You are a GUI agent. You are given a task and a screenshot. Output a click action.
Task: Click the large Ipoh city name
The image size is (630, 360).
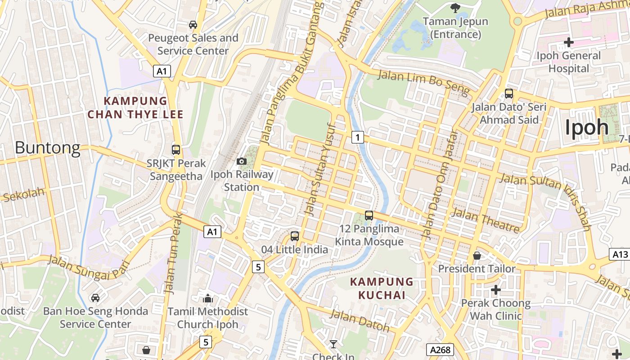point(587,127)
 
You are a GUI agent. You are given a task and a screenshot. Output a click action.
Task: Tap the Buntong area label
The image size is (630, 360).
point(47,148)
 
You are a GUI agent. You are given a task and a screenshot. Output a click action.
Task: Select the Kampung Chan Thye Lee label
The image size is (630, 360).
point(135,108)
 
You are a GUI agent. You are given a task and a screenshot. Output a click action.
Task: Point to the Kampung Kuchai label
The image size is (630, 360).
point(382,288)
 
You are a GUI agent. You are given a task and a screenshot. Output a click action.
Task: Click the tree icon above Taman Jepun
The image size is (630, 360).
point(455,8)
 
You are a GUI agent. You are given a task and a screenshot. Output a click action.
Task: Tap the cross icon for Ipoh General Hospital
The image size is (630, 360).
point(569,42)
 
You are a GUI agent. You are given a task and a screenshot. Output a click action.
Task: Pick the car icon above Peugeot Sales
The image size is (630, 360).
point(193,24)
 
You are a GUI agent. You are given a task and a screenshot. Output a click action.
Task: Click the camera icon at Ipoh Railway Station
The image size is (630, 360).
point(242,161)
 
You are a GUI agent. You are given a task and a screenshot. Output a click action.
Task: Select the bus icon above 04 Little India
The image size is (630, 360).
point(295,236)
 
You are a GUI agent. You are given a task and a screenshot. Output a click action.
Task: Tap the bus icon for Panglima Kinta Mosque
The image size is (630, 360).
point(369,216)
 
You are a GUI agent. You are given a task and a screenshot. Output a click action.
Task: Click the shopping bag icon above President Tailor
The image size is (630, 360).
point(477,256)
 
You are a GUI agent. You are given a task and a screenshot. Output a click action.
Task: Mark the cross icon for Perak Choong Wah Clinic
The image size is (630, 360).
point(496,290)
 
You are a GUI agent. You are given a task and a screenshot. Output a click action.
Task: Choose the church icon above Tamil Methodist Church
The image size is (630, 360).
point(207,298)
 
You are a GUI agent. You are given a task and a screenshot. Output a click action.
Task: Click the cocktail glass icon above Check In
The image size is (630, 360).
point(333,344)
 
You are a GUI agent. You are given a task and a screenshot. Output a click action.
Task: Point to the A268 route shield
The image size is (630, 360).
point(440,350)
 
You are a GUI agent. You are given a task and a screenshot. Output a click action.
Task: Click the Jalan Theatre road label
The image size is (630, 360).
point(485,220)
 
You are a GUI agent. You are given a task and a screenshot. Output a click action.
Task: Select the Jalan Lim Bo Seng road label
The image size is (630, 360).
point(423,82)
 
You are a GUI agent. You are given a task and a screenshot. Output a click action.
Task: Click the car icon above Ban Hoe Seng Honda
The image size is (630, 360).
point(95,297)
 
